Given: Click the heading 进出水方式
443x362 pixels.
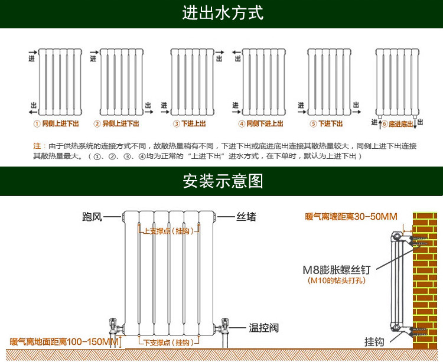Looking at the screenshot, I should coord(222,13).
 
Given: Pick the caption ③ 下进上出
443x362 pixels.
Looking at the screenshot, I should coord(189,124).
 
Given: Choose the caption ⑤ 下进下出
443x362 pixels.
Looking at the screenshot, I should coord(326,124).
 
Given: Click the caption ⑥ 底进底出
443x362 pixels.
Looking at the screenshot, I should coord(398,124).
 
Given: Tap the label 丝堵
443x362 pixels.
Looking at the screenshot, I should coord(246,217).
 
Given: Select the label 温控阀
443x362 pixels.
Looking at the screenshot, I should coord(263,327).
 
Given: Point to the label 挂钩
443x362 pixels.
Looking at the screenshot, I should coord(374,342).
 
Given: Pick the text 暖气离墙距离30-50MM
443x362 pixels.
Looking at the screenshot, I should coord(351,217).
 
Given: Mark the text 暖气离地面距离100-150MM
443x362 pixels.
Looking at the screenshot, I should coord(64,342).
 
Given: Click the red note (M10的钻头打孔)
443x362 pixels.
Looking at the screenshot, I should coord(337,281).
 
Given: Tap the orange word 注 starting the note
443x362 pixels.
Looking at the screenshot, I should coord(37,145).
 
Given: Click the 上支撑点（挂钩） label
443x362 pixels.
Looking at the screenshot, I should coord(168,231).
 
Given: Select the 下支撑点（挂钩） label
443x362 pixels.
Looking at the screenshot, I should coord(168,343).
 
